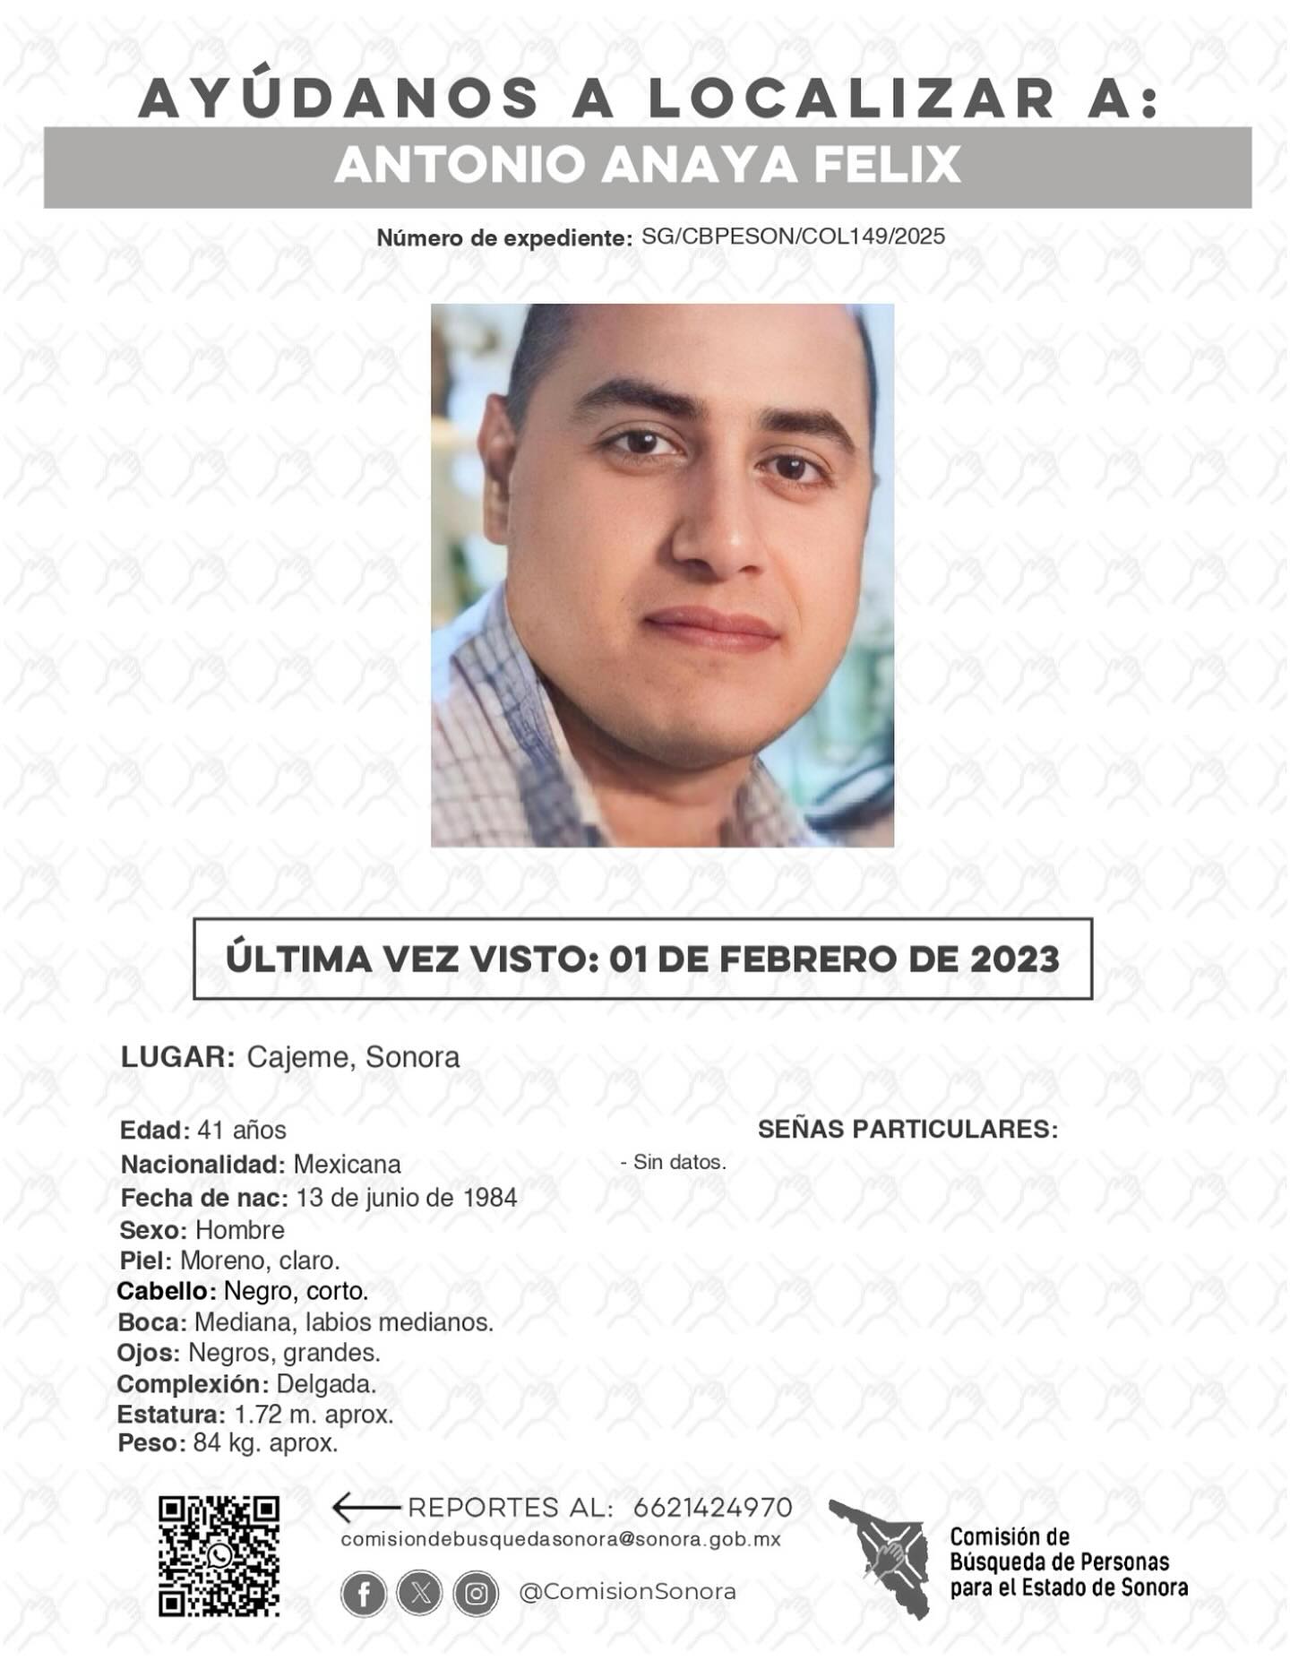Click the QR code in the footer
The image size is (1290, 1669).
point(219,1555)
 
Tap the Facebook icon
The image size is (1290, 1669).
point(364,1594)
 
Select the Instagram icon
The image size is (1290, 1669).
point(477,1594)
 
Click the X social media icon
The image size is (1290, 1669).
point(420,1594)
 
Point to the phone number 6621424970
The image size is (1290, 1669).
point(712,1508)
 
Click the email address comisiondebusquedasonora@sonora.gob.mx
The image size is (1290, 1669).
point(561,1539)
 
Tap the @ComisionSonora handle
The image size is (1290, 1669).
point(627,1592)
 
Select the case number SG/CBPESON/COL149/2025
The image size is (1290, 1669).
point(793,237)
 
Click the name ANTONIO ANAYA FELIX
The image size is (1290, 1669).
point(648,166)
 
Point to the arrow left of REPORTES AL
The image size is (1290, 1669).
point(365,1508)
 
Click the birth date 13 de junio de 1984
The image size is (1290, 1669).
point(407,1198)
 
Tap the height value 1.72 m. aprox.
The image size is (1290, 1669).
point(314,1415)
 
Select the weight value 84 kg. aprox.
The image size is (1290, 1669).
point(265,1443)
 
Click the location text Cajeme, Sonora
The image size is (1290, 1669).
point(353,1057)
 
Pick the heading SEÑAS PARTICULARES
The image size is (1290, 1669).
point(907,1129)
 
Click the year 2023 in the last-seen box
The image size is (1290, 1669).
point(1015,959)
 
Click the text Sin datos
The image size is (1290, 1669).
point(679,1162)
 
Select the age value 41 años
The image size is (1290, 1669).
point(241,1131)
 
